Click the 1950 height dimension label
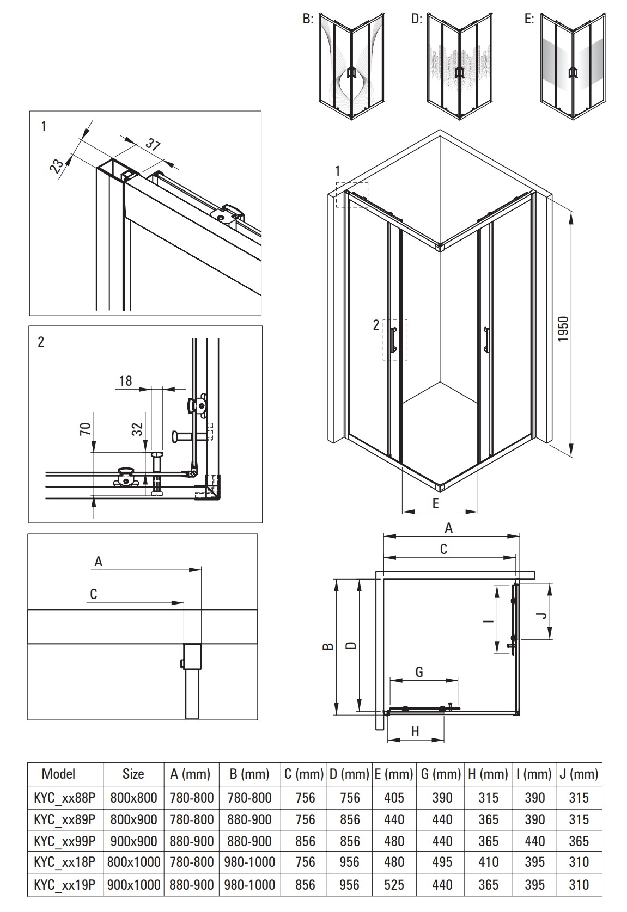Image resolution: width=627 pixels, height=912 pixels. pyautogui.click(x=563, y=329)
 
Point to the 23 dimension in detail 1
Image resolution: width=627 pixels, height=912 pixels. pyautogui.click(x=57, y=165)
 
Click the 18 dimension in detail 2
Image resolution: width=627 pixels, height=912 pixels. pyautogui.click(x=125, y=381)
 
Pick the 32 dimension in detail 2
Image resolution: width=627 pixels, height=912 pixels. pyautogui.click(x=138, y=429)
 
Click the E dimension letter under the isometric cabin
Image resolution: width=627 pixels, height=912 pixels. pyautogui.click(x=435, y=504)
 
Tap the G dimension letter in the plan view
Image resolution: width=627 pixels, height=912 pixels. pyautogui.click(x=419, y=672)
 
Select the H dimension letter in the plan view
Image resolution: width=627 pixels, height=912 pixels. pyautogui.click(x=416, y=732)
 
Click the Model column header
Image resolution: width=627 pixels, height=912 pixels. pyautogui.click(x=58, y=774)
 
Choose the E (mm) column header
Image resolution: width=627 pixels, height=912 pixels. pyautogui.click(x=394, y=774)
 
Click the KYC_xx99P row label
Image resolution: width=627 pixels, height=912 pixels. pyautogui.click(x=65, y=841)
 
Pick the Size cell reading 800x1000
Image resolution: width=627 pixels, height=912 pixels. pyautogui.click(x=133, y=862)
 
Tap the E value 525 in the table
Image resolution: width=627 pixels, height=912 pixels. pyautogui.click(x=394, y=885)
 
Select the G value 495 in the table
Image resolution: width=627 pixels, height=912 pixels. pyautogui.click(x=442, y=862)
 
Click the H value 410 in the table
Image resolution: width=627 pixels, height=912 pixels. pyautogui.click(x=489, y=862)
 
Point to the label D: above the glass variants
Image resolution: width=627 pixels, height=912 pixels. pyautogui.click(x=417, y=19)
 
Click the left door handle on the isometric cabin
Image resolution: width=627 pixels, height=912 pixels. pyautogui.click(x=394, y=339)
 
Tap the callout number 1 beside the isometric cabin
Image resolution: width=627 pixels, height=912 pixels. pyautogui.click(x=337, y=171)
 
